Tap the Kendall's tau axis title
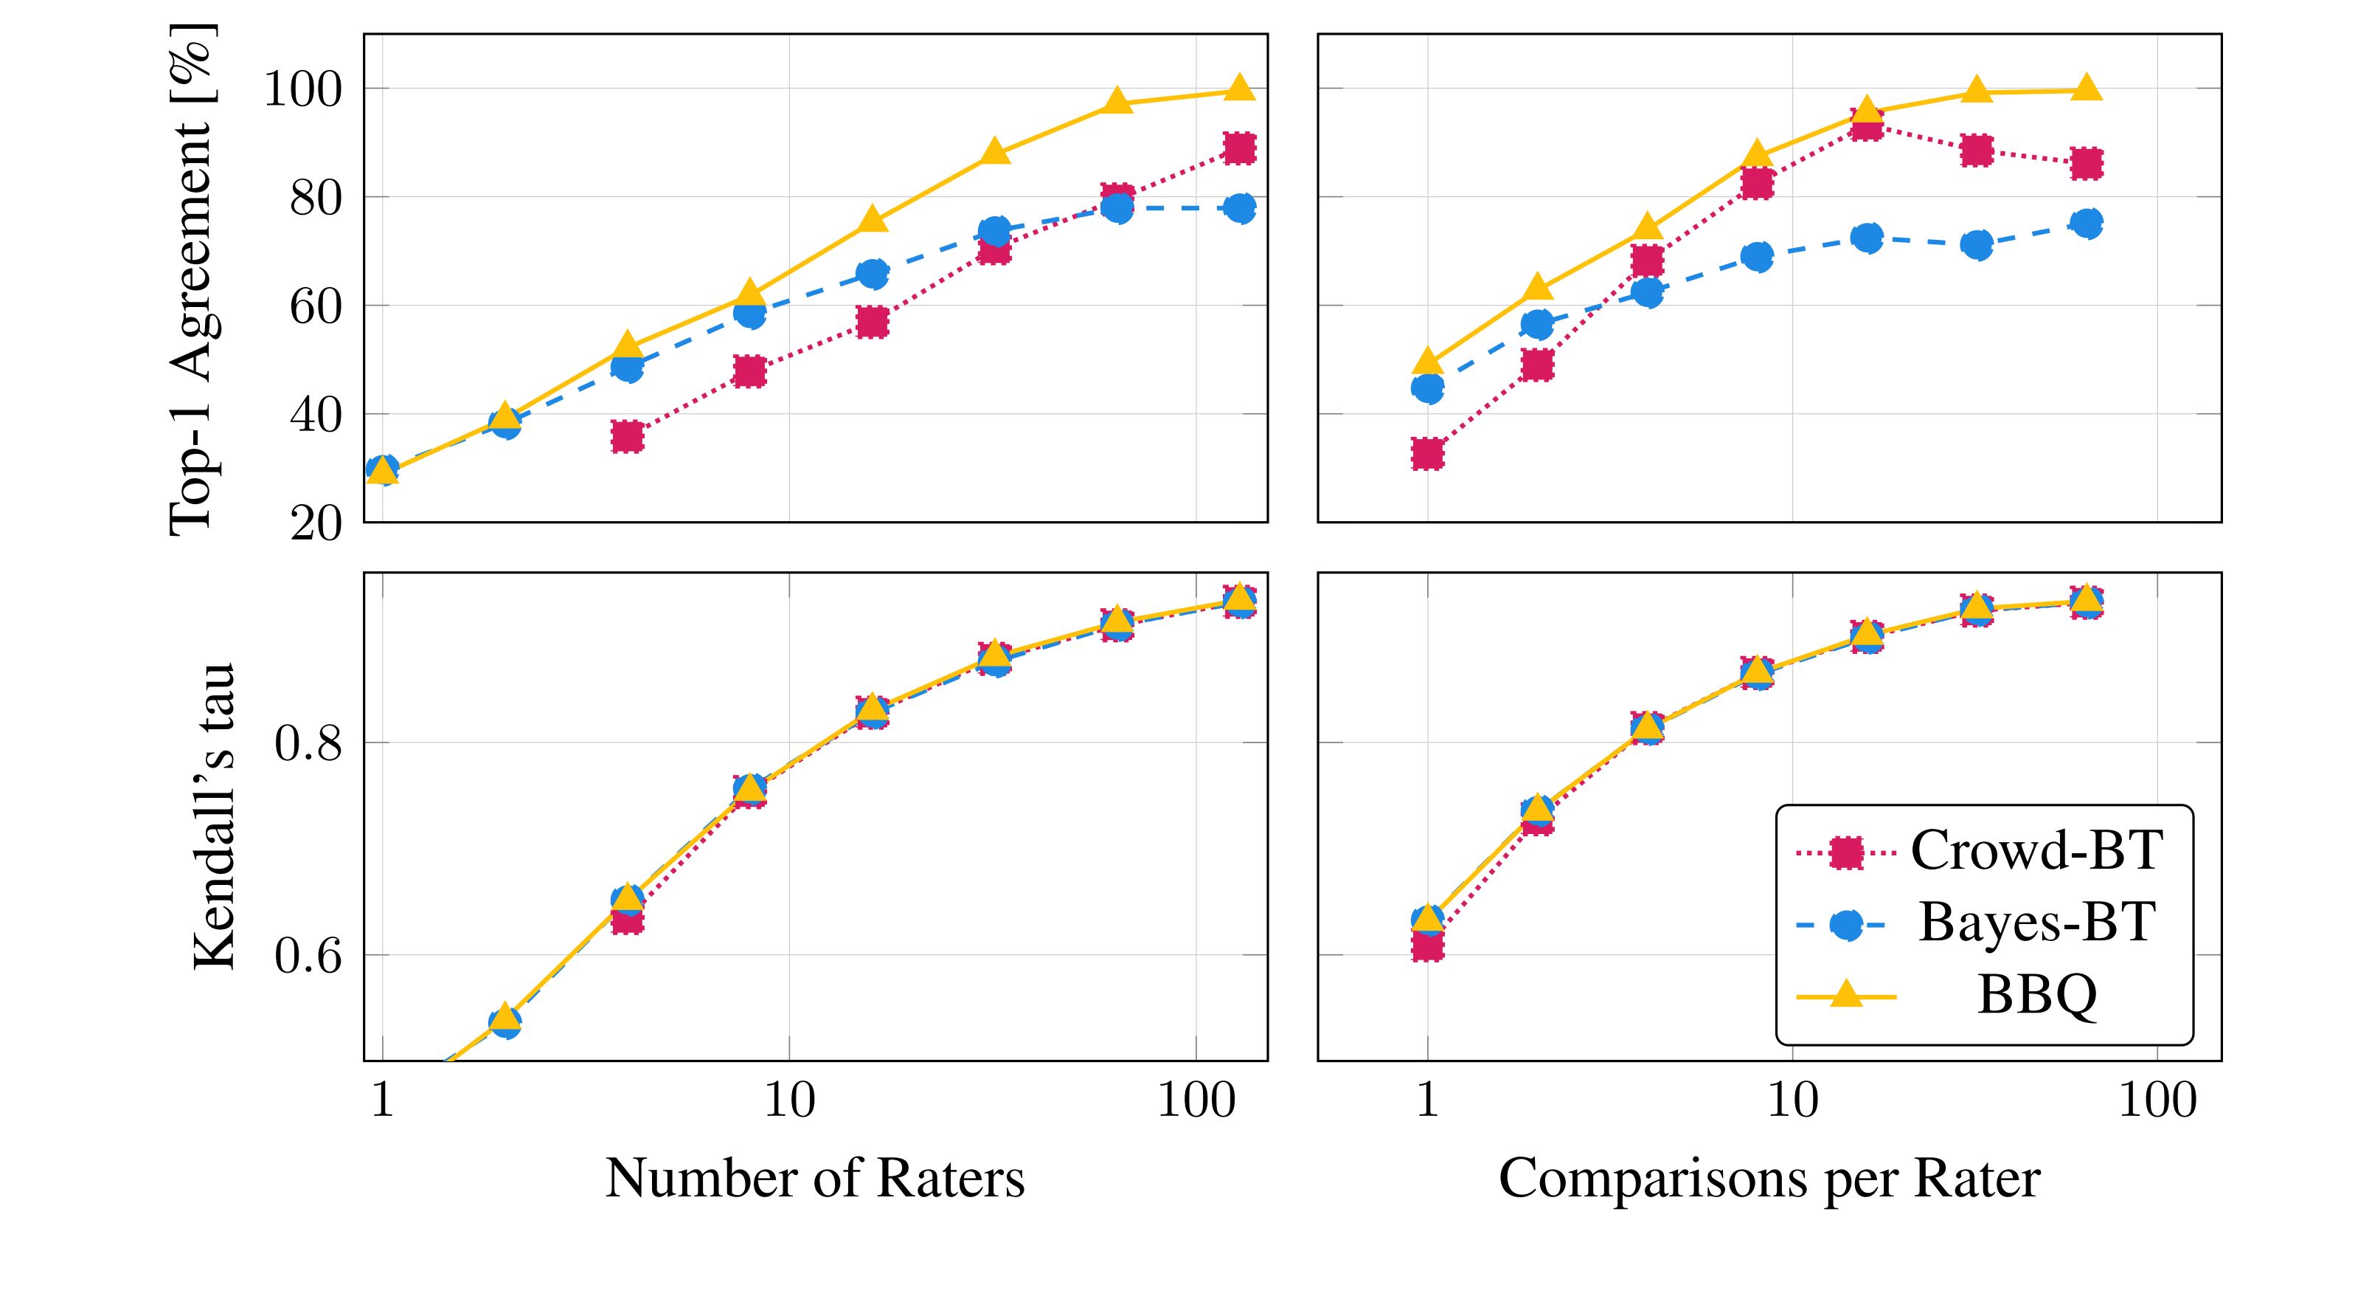point(215,816)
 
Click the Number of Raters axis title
point(815,1177)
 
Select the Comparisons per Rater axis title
point(1769,1177)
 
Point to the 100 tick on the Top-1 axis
point(303,90)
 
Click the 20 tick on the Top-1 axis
point(316,524)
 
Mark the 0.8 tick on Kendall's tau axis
point(308,742)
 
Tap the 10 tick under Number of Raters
point(790,1100)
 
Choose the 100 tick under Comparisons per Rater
point(2158,1100)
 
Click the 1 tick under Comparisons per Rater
point(1427,1100)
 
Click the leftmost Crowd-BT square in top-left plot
point(627,437)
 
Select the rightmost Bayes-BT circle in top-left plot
point(1239,208)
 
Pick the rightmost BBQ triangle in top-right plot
point(2087,89)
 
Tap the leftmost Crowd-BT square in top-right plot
point(1427,454)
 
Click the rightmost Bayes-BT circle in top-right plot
point(2087,223)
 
